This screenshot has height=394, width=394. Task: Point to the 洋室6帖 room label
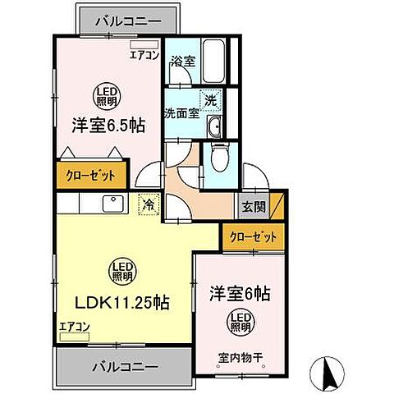(240, 291)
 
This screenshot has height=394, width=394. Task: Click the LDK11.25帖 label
(124, 301)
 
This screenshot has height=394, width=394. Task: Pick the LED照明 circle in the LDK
(124, 270)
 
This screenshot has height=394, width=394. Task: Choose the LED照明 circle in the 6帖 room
(239, 321)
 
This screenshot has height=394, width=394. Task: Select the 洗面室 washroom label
(181, 113)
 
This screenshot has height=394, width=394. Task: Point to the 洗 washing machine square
(211, 97)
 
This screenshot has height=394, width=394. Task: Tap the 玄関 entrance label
(252, 207)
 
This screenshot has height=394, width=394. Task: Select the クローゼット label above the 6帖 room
(252, 236)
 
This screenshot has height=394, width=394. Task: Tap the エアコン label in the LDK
(74, 327)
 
